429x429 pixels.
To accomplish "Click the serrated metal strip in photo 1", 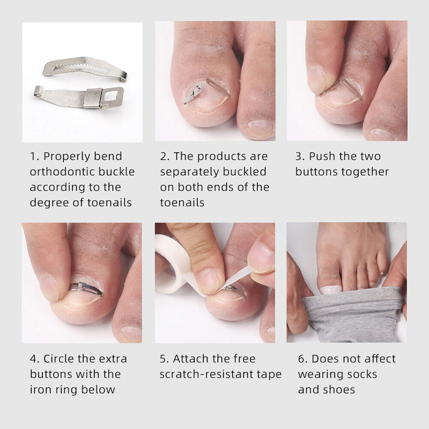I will [83, 67].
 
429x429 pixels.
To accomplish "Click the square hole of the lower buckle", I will [113, 97].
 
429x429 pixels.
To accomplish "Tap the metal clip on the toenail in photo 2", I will [193, 93].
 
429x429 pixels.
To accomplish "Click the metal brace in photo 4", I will [86, 288].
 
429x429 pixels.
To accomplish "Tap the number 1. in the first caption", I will [35, 157].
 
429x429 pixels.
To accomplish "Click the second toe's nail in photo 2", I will [260, 128].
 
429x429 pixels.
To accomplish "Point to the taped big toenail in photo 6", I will [330, 290].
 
